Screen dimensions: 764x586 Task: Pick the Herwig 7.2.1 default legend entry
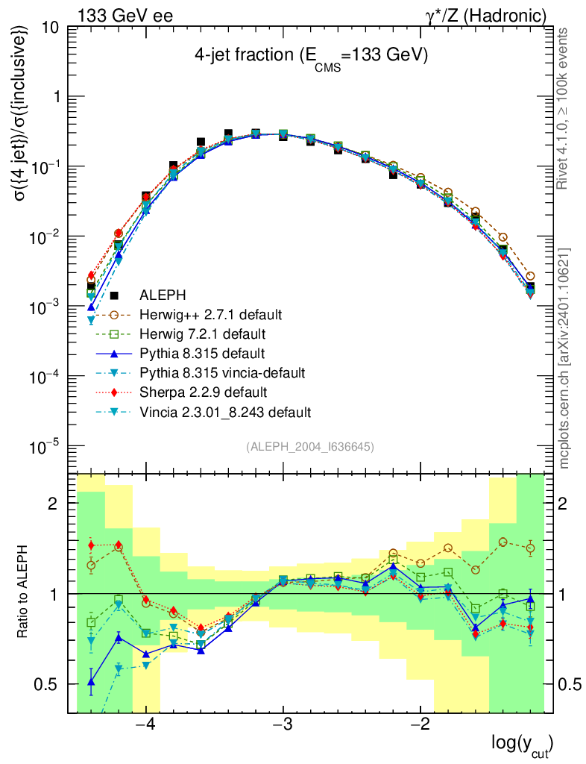tap(197, 333)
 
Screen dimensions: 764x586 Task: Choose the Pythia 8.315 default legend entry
tap(195, 352)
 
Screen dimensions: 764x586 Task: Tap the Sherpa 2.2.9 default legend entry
tap(197, 392)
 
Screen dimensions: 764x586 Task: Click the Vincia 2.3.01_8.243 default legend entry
tap(216, 412)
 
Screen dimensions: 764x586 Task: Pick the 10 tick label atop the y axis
tap(51, 28)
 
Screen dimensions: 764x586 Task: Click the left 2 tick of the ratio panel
tap(53, 504)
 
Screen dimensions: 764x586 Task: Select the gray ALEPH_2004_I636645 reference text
tap(309, 446)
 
